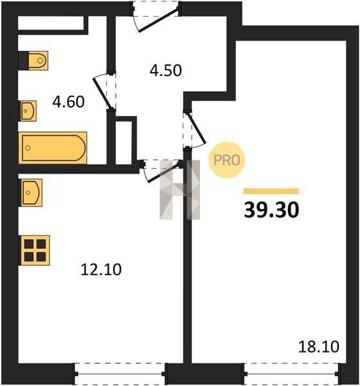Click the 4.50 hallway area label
point(166,70)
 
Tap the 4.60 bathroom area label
point(68,102)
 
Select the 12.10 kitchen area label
point(101,270)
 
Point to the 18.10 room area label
point(319,347)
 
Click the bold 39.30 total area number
point(271,210)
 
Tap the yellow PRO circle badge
point(227,160)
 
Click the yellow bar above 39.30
point(271,191)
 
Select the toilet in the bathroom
point(33,60)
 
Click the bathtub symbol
point(53,148)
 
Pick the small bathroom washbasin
point(28,111)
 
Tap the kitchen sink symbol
point(30,192)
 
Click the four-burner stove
point(35,250)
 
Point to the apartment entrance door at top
point(156,16)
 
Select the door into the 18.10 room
point(194,130)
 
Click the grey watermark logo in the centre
point(179,190)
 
